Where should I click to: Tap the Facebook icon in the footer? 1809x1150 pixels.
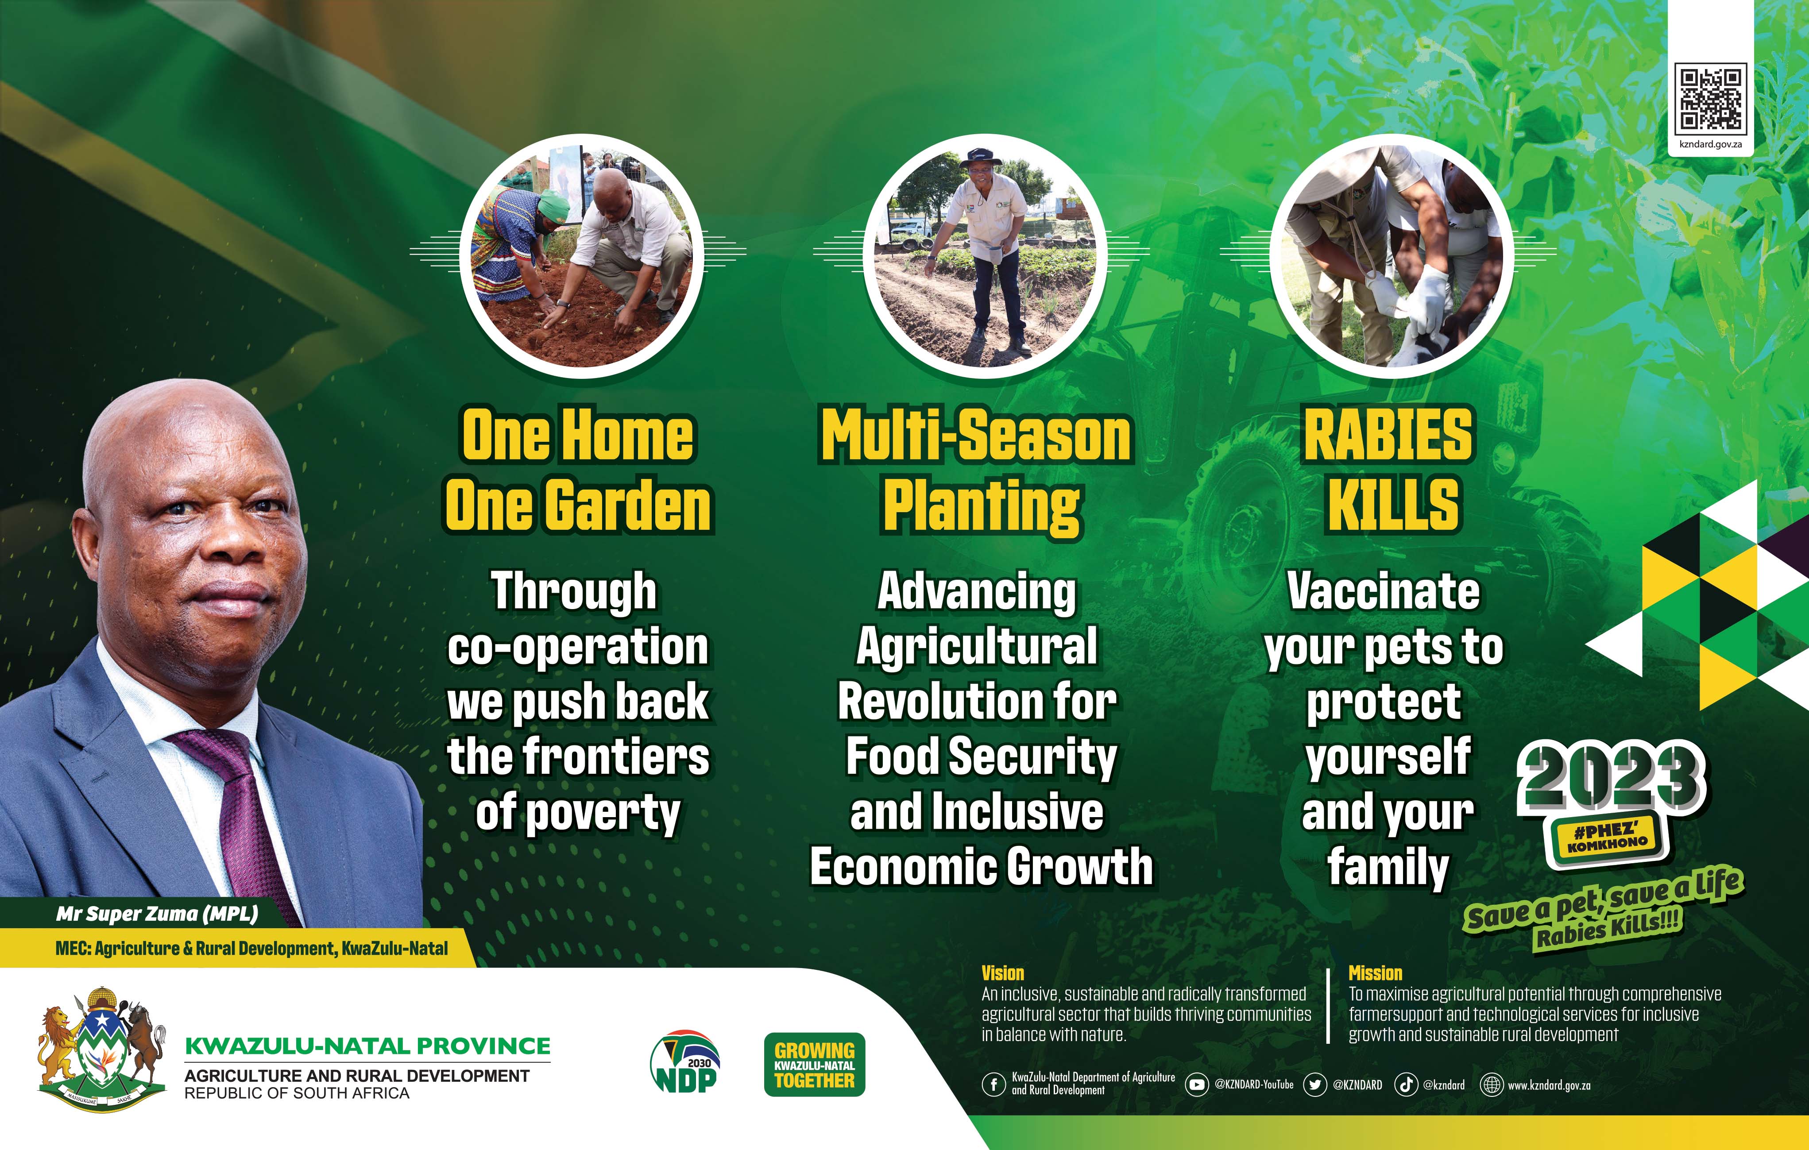993,1084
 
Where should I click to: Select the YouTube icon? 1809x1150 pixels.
1197,1084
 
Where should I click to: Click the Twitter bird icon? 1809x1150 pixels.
1314,1084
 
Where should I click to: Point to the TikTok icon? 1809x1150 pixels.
1406,1084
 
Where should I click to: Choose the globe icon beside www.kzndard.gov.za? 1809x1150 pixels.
1491,1084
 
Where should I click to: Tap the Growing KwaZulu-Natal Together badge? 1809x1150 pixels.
814,1065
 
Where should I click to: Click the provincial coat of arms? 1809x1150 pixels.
101,1048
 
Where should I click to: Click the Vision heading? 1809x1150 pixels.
1002,973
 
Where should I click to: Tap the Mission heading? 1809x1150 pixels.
1375,973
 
